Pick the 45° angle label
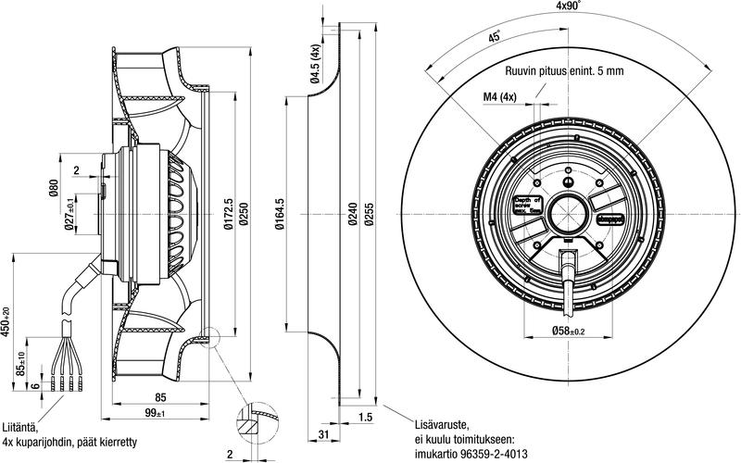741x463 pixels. click(x=495, y=38)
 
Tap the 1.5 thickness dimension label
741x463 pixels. click(x=366, y=418)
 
